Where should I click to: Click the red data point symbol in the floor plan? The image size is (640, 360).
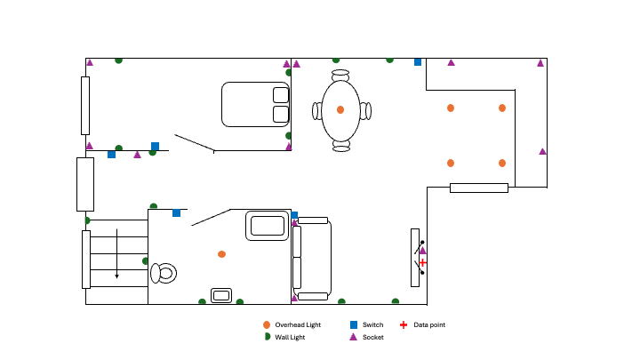click(423, 262)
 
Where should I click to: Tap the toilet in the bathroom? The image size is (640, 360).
click(164, 273)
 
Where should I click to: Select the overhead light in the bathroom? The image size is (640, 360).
click(221, 254)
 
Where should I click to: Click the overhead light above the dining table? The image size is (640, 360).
click(340, 109)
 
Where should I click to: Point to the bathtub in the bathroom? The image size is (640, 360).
click(268, 225)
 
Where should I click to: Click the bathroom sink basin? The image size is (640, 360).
click(221, 295)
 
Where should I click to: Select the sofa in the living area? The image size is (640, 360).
click(312, 258)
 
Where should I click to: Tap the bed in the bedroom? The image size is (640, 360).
click(256, 103)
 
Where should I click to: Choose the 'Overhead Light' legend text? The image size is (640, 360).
click(298, 325)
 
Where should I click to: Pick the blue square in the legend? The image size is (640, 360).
click(353, 325)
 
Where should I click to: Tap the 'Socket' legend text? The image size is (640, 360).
click(373, 338)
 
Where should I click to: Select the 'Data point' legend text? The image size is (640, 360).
click(429, 325)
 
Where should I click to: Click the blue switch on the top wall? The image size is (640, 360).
click(418, 61)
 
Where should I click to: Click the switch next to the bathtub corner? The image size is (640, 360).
click(294, 215)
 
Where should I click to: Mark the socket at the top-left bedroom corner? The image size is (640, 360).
click(90, 62)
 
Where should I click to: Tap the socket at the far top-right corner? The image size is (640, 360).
click(540, 62)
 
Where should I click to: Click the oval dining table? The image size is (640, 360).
click(340, 110)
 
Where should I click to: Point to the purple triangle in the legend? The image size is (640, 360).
click(353, 338)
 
